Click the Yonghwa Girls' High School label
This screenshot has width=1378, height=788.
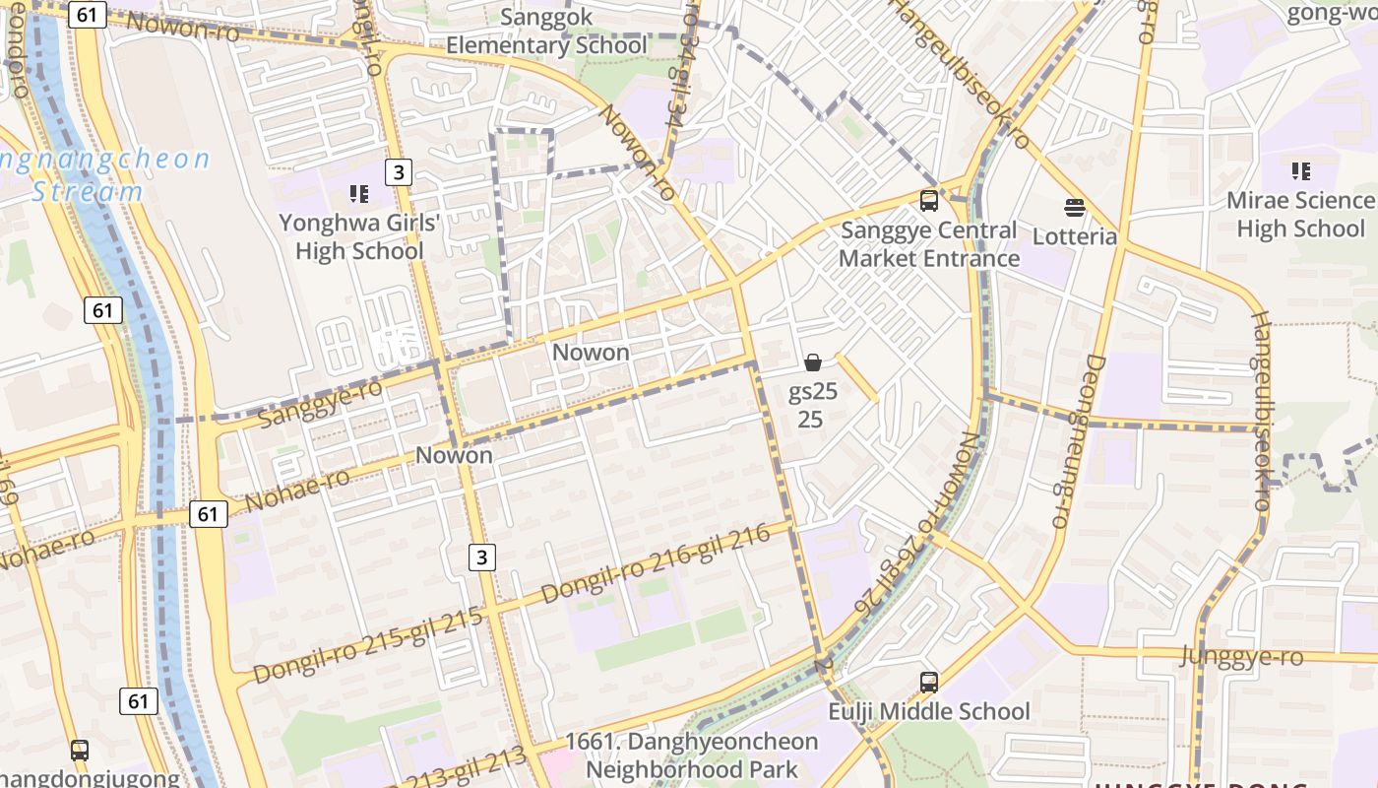[x=359, y=237]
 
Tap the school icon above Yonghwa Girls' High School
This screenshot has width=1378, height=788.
[x=359, y=194]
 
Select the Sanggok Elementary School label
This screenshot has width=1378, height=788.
[x=546, y=32]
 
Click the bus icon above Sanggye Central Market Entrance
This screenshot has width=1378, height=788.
[x=928, y=201]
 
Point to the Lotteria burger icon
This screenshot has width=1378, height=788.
[x=1075, y=208]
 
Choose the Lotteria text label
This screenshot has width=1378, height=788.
[x=1075, y=236]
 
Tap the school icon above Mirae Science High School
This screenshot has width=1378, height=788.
[x=1300, y=171]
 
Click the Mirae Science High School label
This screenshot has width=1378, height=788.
[x=1300, y=215]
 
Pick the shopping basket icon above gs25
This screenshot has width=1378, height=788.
[x=813, y=362]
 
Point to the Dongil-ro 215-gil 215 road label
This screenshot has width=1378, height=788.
[x=368, y=646]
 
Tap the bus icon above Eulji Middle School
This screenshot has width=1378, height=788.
[x=928, y=682]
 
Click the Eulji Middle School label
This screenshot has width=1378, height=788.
[x=928, y=711]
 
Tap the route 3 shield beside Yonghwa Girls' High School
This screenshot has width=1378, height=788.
[x=397, y=171]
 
